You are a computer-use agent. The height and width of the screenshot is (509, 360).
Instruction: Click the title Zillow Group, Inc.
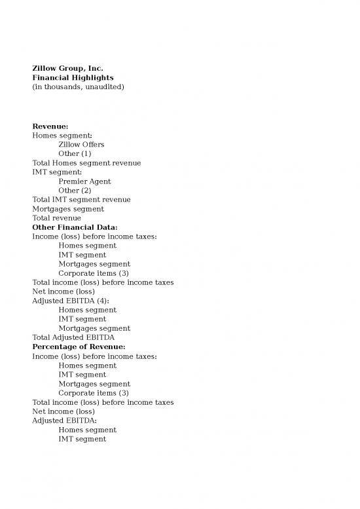(67, 68)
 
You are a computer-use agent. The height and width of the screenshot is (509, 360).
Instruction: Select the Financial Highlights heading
(73, 77)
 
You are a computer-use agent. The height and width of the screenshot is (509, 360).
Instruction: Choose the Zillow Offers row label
(81, 144)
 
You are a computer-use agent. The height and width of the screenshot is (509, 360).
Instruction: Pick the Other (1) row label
(75, 153)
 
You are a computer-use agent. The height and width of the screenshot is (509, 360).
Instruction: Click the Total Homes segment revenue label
(86, 162)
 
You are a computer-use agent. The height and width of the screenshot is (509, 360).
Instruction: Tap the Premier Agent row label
(84, 181)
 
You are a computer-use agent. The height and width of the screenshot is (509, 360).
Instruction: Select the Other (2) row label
(75, 190)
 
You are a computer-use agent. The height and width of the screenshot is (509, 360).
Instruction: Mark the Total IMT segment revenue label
(81, 199)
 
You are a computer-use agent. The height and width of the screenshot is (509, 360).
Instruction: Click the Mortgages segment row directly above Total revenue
(68, 208)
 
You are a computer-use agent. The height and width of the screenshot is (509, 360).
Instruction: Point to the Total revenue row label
(57, 217)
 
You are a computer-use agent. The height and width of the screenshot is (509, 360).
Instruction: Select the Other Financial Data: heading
(75, 227)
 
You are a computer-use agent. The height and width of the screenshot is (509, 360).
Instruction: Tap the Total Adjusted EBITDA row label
(73, 337)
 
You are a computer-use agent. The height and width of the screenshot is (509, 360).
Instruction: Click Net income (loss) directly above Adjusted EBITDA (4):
(63, 292)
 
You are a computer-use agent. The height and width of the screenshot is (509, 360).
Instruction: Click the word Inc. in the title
(95, 68)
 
